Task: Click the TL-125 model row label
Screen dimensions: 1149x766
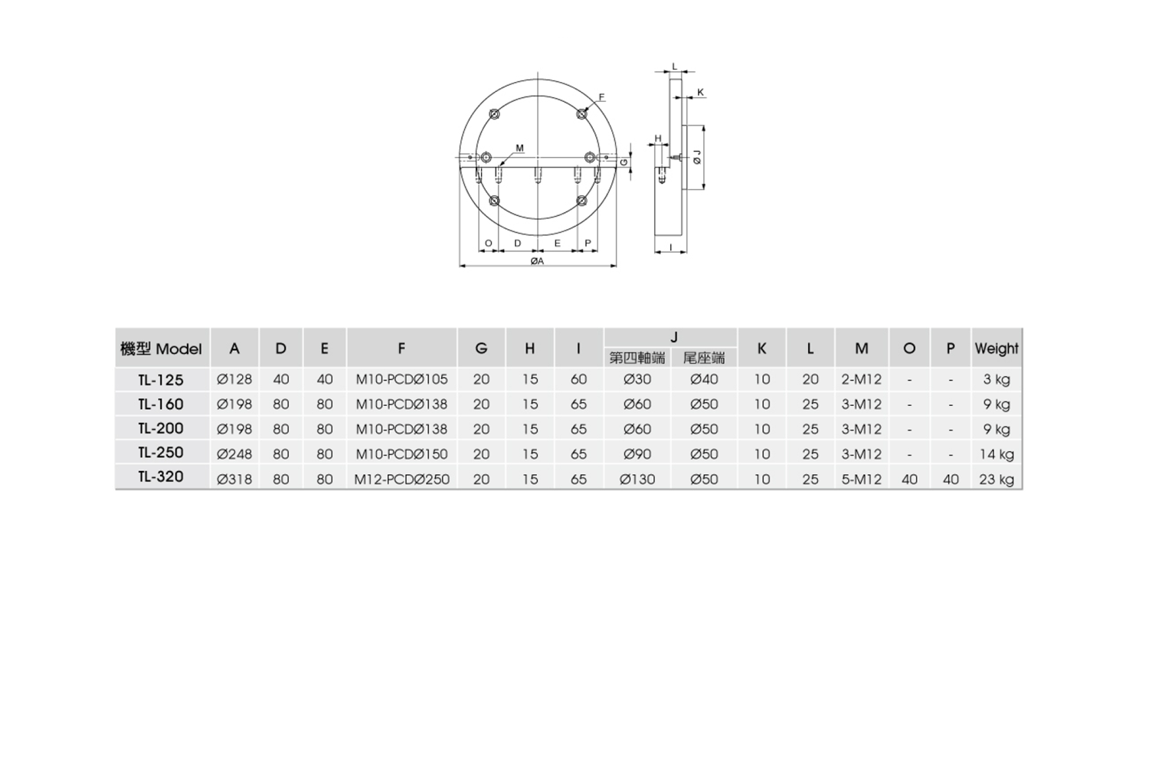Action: tap(161, 380)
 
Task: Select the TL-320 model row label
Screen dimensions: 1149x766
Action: tap(161, 476)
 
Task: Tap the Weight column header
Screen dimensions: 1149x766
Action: tap(996, 349)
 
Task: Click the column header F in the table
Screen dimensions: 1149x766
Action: tap(401, 349)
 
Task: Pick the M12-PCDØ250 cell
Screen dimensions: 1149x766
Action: tap(401, 480)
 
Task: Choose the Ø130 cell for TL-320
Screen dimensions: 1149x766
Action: tap(637, 480)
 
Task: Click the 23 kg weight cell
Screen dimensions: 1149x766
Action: tap(996, 480)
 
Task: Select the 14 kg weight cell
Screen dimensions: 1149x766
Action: tap(996, 454)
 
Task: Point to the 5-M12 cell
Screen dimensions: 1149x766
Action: tap(861, 480)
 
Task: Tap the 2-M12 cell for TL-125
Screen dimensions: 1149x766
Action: tap(861, 380)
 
